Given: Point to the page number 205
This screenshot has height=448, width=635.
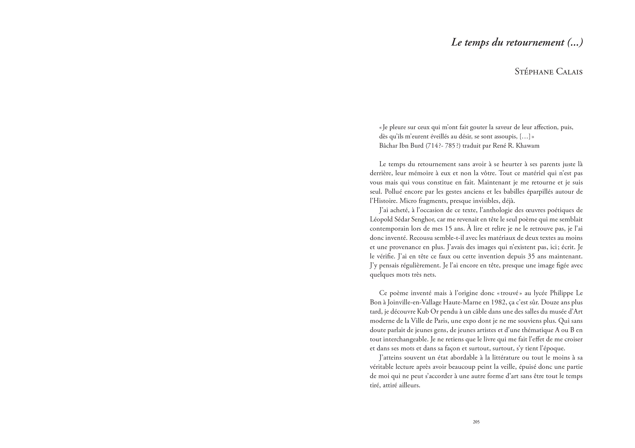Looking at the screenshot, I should pos(476,422).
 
